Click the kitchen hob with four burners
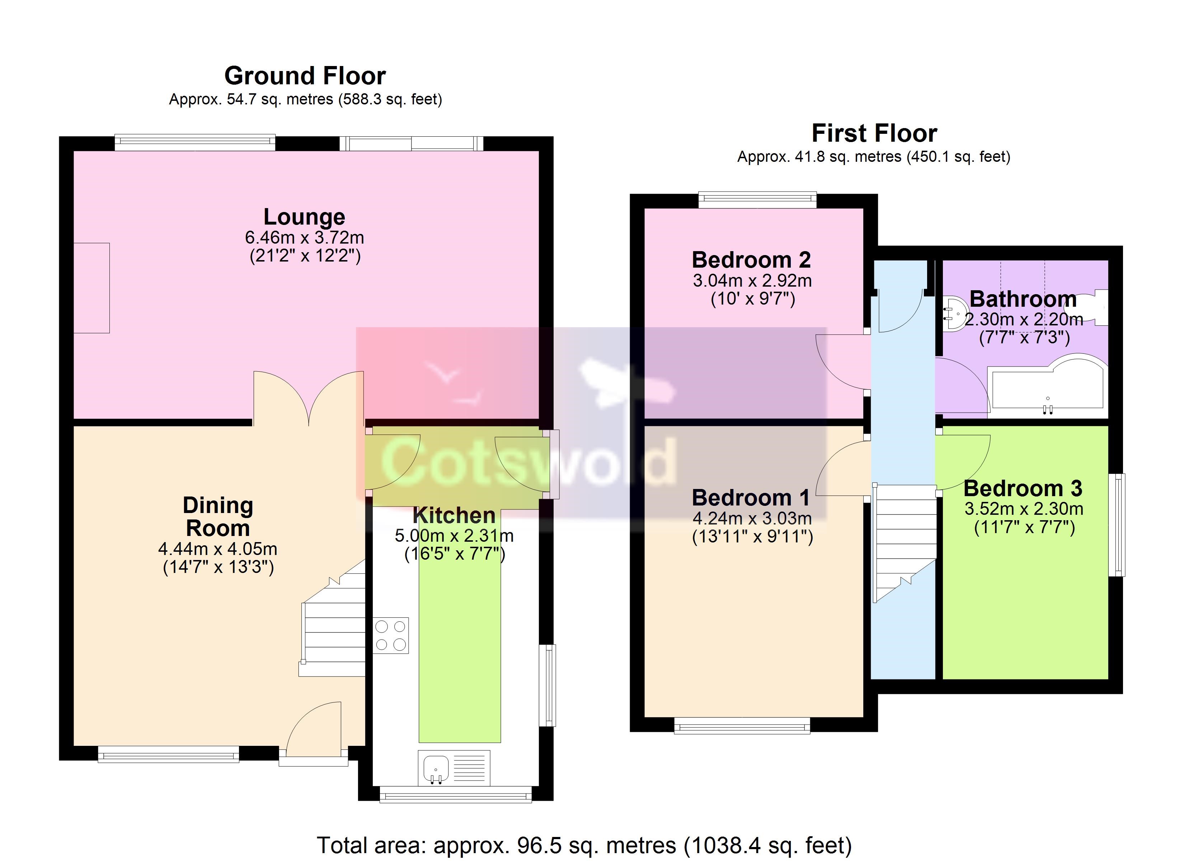pyautogui.click(x=391, y=635)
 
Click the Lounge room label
pyautogui.click(x=304, y=217)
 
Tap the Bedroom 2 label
pyautogui.click(x=751, y=259)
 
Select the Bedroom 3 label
pyautogui.click(x=1023, y=488)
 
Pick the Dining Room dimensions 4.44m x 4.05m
pyautogui.click(x=218, y=549)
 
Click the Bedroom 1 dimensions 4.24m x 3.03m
pyautogui.click(x=752, y=518)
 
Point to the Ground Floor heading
pyautogui.click(x=305, y=76)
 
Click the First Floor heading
pyautogui.click(x=874, y=133)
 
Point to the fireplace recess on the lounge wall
pyautogui.click(x=91, y=288)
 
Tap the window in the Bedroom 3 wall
pyautogui.click(x=1117, y=525)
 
